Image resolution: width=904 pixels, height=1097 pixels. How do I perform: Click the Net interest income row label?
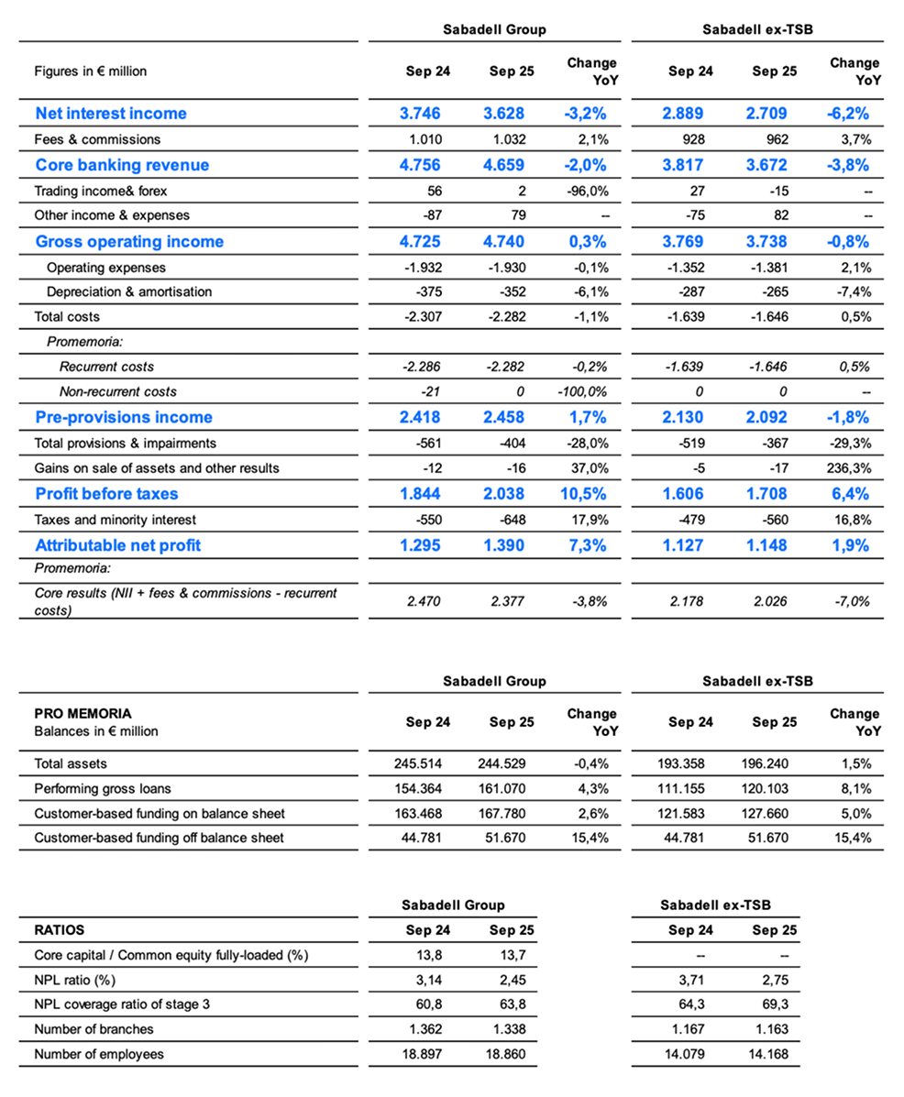tap(110, 114)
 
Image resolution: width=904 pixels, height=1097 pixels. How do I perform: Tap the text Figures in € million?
tap(90, 71)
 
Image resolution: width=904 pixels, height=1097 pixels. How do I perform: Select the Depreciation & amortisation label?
tap(129, 291)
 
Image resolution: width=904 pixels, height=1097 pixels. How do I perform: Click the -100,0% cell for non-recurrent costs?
tap(586, 391)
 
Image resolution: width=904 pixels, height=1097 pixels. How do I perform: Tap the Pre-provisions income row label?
tap(123, 418)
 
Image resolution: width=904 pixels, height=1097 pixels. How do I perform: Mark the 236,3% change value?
tap(849, 468)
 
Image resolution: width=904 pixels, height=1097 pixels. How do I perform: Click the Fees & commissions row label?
tap(97, 139)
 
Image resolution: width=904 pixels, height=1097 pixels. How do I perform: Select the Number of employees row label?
tap(99, 1054)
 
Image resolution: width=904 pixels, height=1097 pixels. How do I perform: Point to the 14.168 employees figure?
tap(775, 1054)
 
